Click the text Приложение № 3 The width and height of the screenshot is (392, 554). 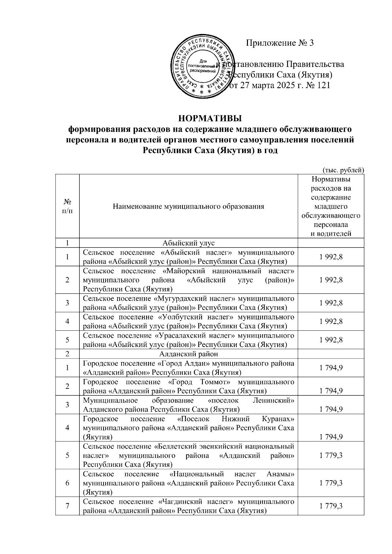coord(280,43)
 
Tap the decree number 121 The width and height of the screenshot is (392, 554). coord(323,86)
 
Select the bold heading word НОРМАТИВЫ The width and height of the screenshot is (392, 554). coord(211,118)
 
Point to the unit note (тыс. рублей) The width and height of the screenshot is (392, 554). coord(343,170)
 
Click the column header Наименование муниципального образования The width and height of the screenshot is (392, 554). coord(188,206)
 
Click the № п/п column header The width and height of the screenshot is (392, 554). coord(67,206)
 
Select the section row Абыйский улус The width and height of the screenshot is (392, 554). coord(188,243)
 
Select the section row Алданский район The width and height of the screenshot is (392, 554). coord(188,354)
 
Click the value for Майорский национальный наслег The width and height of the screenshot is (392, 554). coord(331,280)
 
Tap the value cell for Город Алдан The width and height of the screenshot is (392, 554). coord(331,368)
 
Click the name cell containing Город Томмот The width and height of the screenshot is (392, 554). coord(188,386)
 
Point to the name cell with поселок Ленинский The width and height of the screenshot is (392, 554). coord(188,405)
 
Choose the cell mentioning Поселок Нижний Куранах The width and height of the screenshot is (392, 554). coord(188,428)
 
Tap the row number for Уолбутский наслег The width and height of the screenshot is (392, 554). coord(67,322)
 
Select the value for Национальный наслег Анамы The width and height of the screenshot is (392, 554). coord(331,483)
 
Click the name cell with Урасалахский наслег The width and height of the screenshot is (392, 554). coord(188,340)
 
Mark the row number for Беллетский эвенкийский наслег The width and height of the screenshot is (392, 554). coord(67,455)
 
